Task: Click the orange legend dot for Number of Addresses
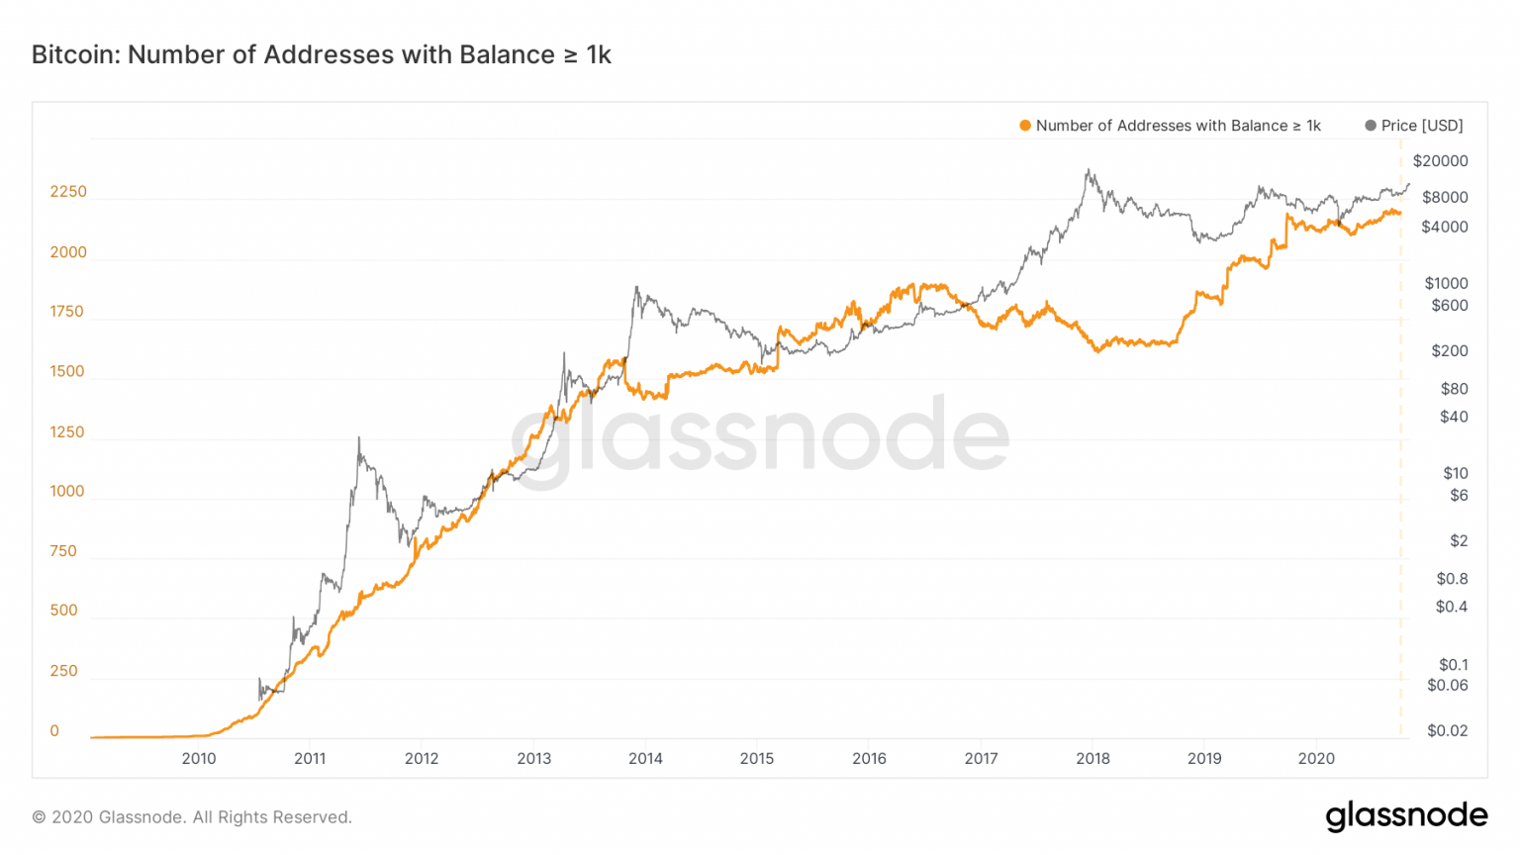click(x=1025, y=126)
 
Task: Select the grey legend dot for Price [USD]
click(x=1371, y=126)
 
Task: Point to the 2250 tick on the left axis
click(x=68, y=191)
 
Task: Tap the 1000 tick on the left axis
click(x=67, y=491)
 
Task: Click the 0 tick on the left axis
click(x=54, y=730)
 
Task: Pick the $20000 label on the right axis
click(x=1440, y=160)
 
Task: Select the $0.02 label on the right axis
click(x=1447, y=730)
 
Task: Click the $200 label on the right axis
click(x=1449, y=350)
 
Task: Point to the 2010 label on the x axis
click(x=199, y=758)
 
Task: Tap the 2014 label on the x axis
click(x=645, y=758)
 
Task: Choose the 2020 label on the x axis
click(x=1316, y=758)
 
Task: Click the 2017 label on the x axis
click(x=981, y=758)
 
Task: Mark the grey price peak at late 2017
click(x=1089, y=170)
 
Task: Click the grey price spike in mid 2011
click(x=358, y=437)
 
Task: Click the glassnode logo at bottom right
click(x=1406, y=816)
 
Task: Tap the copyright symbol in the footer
click(x=39, y=817)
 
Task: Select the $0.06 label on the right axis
click(x=1447, y=685)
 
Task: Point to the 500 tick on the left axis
click(x=63, y=610)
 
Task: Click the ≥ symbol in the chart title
click(x=571, y=55)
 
